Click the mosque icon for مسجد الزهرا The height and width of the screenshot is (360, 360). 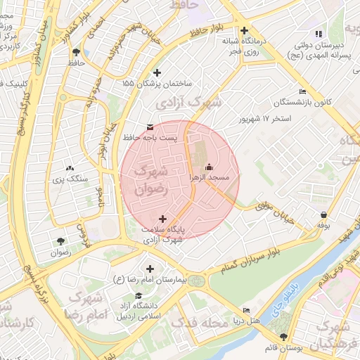(x=209, y=167)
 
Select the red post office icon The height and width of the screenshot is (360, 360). (x=149, y=127)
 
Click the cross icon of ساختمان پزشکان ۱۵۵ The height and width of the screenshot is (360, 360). (x=156, y=72)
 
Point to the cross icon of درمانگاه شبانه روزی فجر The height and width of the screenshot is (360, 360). (x=244, y=30)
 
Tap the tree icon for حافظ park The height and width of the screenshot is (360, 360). (x=76, y=52)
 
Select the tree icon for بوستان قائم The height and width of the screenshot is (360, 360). (x=283, y=337)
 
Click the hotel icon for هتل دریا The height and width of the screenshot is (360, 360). (x=245, y=310)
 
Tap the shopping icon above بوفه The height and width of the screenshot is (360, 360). (x=323, y=214)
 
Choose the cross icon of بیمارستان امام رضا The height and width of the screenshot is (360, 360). (x=150, y=269)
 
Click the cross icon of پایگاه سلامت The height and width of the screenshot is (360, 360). (x=164, y=219)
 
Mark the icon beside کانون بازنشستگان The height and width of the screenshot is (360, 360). (x=303, y=91)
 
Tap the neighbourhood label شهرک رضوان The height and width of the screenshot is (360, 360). (x=148, y=179)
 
